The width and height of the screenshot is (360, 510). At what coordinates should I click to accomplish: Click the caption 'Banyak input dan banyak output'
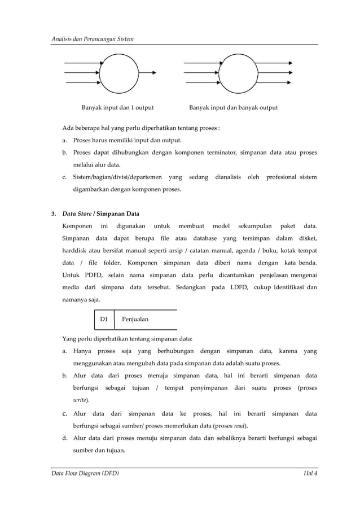233,107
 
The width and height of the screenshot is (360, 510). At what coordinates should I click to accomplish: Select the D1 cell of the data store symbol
104,319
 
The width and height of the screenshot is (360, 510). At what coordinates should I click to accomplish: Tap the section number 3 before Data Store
54,214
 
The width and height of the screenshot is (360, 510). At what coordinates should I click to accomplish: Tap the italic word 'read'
240,425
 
